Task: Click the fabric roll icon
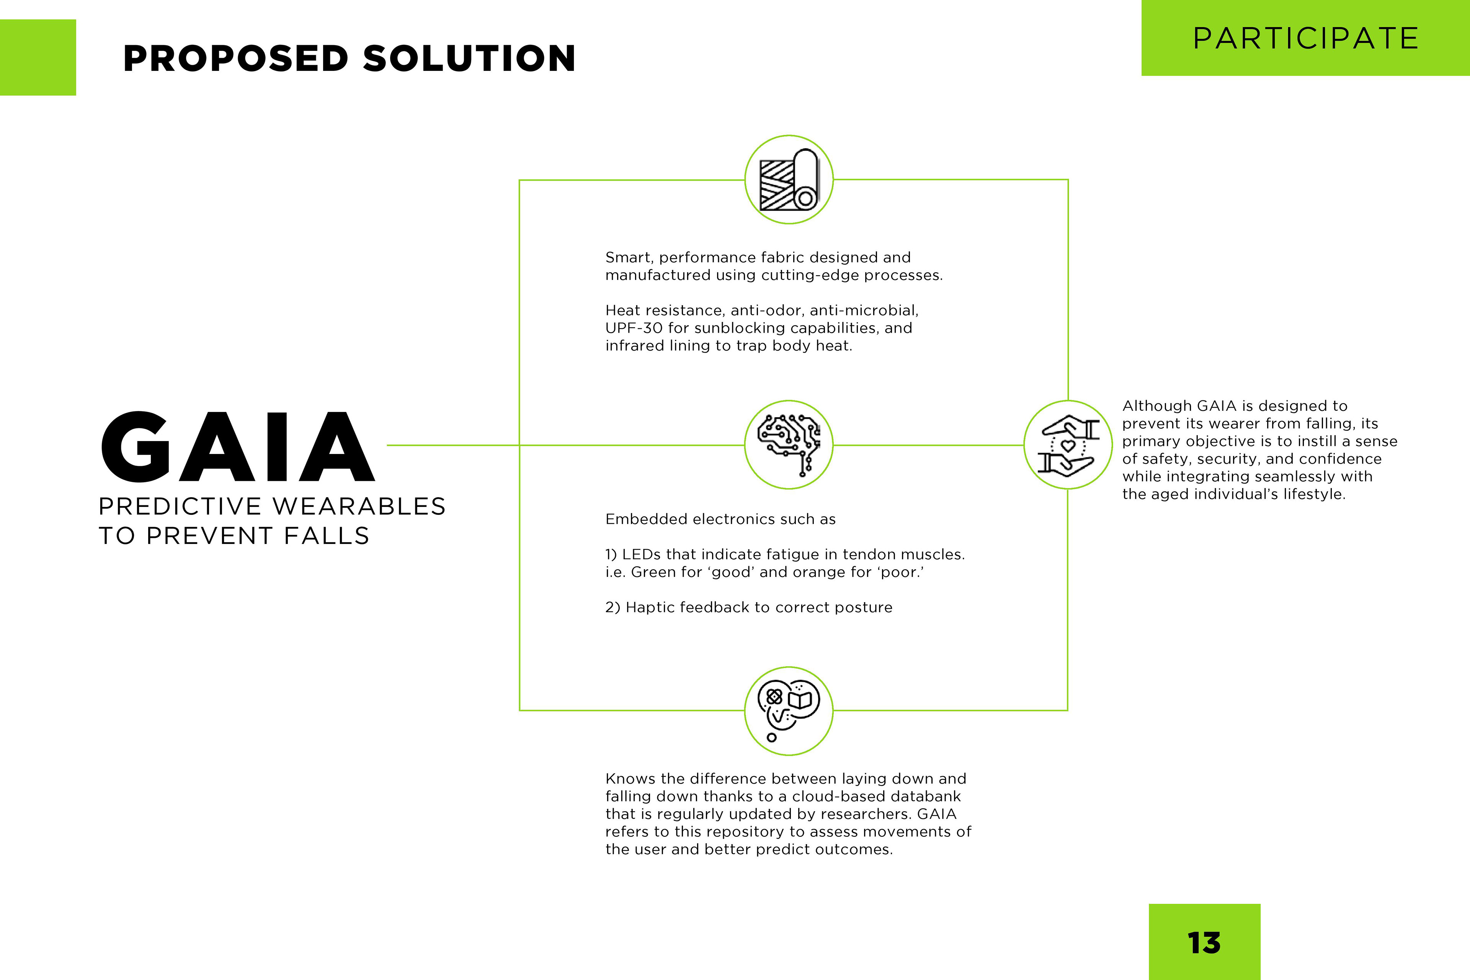click(789, 180)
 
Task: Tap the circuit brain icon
click(789, 445)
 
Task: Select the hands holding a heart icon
click(1068, 445)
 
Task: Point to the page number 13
click(1204, 942)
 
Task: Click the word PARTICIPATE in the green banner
click(1306, 38)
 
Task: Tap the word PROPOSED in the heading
click(236, 58)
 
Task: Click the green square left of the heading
click(38, 57)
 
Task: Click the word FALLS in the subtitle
click(327, 536)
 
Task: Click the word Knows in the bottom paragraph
click(630, 779)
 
